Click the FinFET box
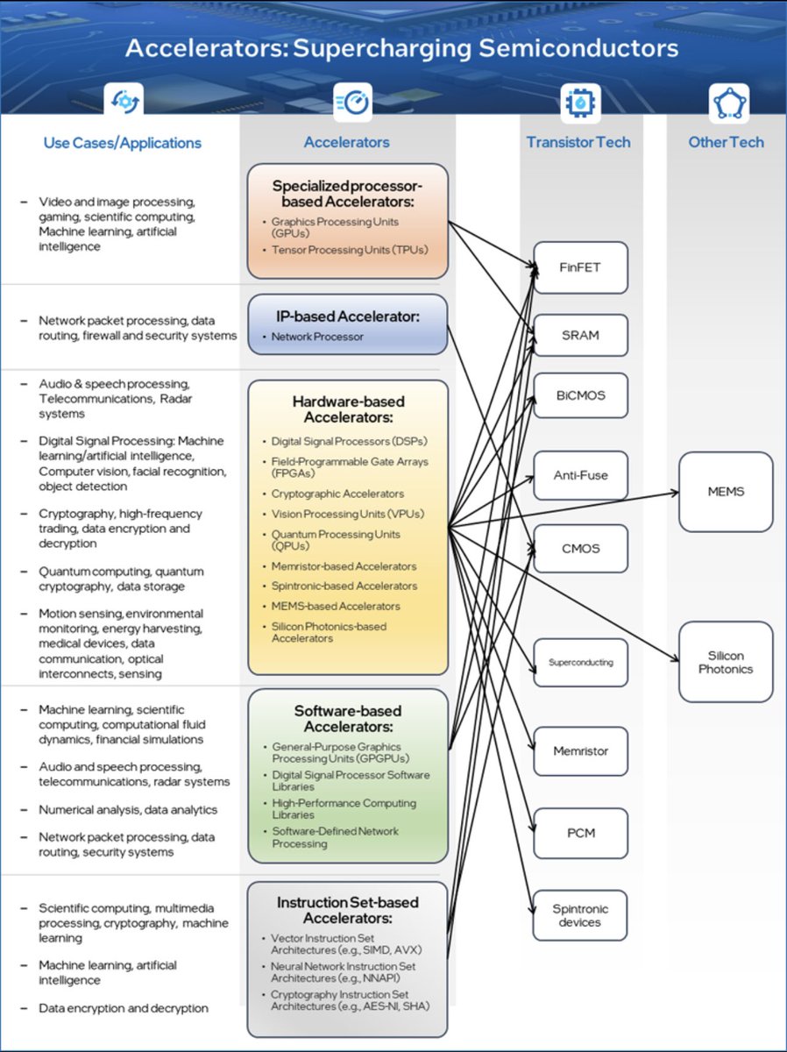(580, 267)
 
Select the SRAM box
(580, 335)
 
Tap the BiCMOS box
(580, 395)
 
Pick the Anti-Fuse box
(580, 475)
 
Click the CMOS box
(580, 549)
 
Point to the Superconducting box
(580, 663)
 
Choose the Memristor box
(580, 751)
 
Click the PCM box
(580, 833)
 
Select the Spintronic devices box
(580, 915)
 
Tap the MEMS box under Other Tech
(726, 492)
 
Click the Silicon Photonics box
(726, 662)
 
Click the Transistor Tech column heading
(578, 142)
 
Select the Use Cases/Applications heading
(123, 143)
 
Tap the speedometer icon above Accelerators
(351, 103)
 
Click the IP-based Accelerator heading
(347, 316)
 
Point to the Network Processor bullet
(316, 337)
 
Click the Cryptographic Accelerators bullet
(337, 494)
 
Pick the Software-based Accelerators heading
(348, 720)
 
